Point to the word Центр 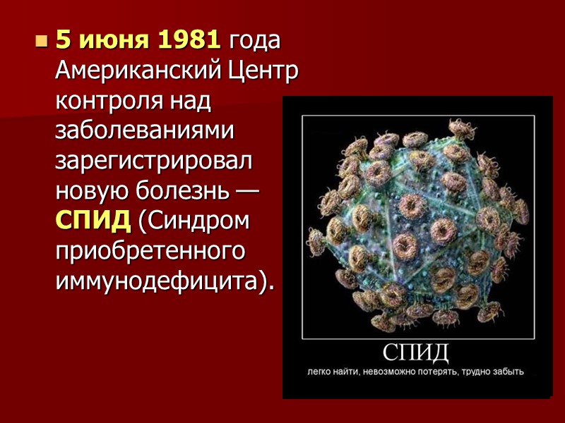(263, 70)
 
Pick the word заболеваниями (145, 131)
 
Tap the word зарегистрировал (153, 161)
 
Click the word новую (90, 190)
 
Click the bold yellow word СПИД (93, 221)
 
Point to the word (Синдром (194, 221)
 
